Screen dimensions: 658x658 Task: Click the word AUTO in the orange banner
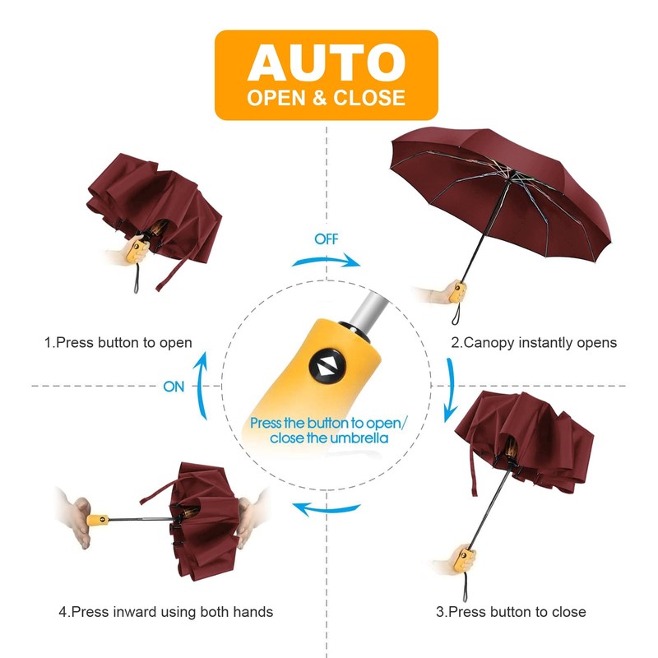327,63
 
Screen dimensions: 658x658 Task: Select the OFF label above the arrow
326,239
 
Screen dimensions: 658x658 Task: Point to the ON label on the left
174,387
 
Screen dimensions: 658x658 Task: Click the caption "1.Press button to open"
118,342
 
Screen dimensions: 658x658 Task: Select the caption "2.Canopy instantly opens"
533,342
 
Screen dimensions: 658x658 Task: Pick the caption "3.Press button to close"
511,612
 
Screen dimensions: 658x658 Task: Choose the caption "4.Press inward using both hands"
165,612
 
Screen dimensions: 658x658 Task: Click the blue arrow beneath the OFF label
327,260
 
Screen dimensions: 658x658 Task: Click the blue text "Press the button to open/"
327,423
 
